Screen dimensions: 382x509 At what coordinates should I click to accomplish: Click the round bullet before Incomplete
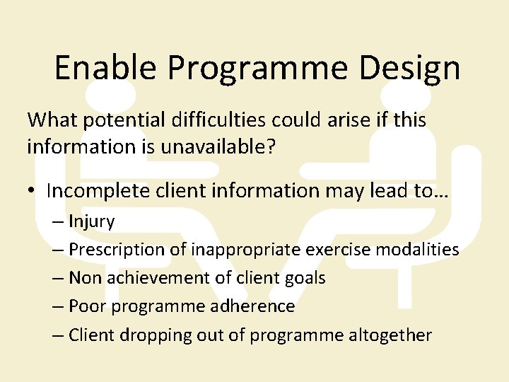click(x=33, y=191)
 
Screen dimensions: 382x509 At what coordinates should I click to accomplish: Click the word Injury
click(x=91, y=221)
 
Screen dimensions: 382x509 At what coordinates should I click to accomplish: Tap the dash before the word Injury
click(x=58, y=221)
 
